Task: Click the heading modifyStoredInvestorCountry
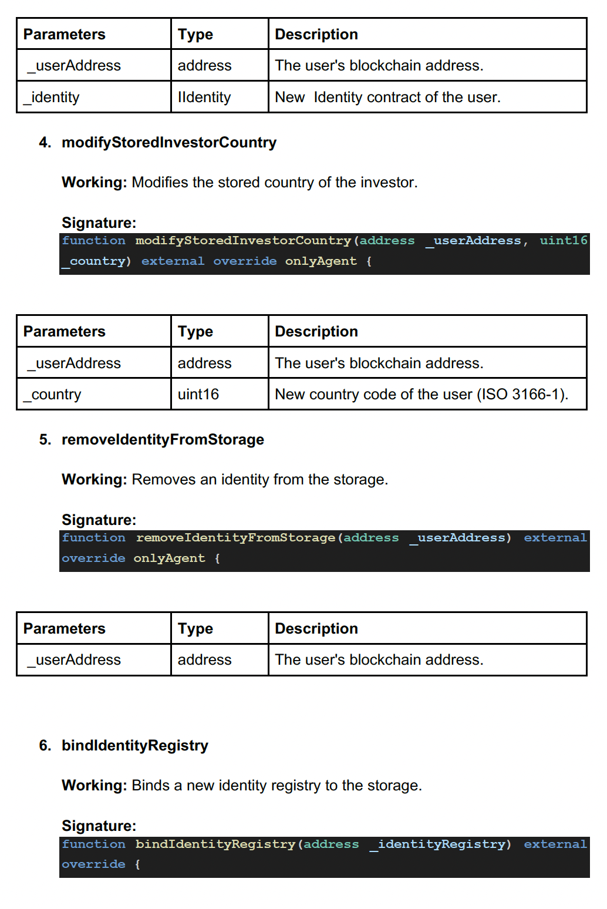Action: (x=169, y=143)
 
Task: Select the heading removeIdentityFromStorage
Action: (x=163, y=440)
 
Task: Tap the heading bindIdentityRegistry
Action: (x=135, y=746)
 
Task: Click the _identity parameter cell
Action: (x=52, y=97)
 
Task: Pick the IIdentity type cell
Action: (x=204, y=97)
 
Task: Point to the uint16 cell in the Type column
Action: (x=198, y=395)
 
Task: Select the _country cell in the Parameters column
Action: (x=52, y=395)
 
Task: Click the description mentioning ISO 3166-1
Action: (x=421, y=395)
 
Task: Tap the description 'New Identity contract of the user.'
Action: (x=387, y=97)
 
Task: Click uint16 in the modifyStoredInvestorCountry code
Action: (x=563, y=241)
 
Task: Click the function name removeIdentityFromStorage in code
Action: (x=235, y=538)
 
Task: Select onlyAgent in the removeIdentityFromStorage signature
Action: (x=169, y=558)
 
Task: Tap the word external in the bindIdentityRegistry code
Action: (x=555, y=844)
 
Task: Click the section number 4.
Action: (x=45, y=143)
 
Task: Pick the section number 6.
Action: (x=45, y=746)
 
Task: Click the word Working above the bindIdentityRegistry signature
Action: (x=94, y=786)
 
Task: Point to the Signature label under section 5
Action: (x=99, y=520)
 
